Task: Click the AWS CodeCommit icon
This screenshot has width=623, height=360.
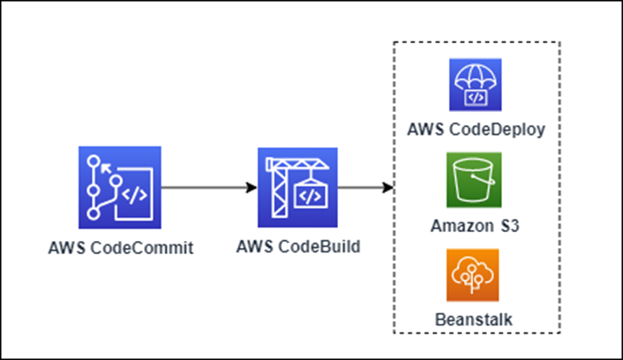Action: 120,188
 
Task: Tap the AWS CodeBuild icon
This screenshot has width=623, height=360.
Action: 297,188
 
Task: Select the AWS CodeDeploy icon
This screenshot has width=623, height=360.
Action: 476,85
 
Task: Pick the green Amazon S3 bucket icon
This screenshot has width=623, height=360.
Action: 474,180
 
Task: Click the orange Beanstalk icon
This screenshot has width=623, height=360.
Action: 472,275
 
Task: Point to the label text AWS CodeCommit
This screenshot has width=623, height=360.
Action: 121,248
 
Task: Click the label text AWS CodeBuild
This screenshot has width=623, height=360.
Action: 298,246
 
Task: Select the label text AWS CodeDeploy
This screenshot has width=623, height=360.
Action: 476,130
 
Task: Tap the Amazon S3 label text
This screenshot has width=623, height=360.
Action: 475,226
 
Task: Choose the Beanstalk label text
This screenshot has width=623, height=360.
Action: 474,319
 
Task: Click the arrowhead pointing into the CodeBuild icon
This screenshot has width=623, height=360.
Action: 251,188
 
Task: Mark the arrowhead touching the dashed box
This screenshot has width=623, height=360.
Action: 387,188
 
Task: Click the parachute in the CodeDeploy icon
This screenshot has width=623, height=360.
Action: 476,79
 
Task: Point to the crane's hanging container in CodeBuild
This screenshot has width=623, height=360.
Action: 311,194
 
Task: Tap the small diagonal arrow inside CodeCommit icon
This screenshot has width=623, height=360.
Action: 106,169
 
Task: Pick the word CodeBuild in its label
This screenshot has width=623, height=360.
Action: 319,246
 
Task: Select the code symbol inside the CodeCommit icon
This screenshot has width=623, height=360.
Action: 135,195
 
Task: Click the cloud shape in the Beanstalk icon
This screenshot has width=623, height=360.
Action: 472,269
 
